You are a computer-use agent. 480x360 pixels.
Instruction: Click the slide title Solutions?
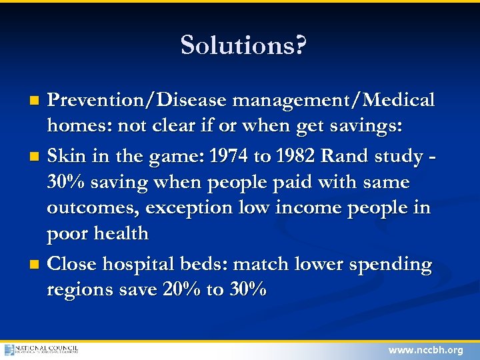coord(243,45)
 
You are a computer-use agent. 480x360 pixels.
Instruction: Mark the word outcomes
coord(93,208)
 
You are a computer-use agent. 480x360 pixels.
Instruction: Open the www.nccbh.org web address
coord(425,349)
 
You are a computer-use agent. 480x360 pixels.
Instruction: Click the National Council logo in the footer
coord(41,349)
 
